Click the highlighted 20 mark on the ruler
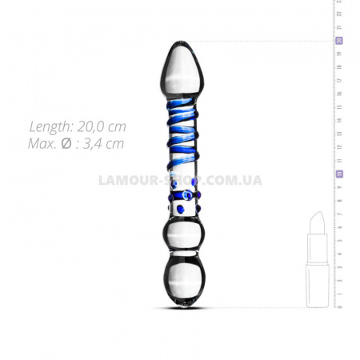tap(339, 40)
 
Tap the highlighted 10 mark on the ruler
tap(339, 173)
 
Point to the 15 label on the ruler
tap(339, 106)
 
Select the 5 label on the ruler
tap(339, 239)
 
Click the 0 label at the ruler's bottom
tap(339, 306)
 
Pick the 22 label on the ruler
tap(339, 14)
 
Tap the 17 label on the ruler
tap(339, 80)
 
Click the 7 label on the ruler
tap(339, 213)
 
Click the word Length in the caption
tap(50, 126)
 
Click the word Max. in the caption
tap(46, 144)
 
